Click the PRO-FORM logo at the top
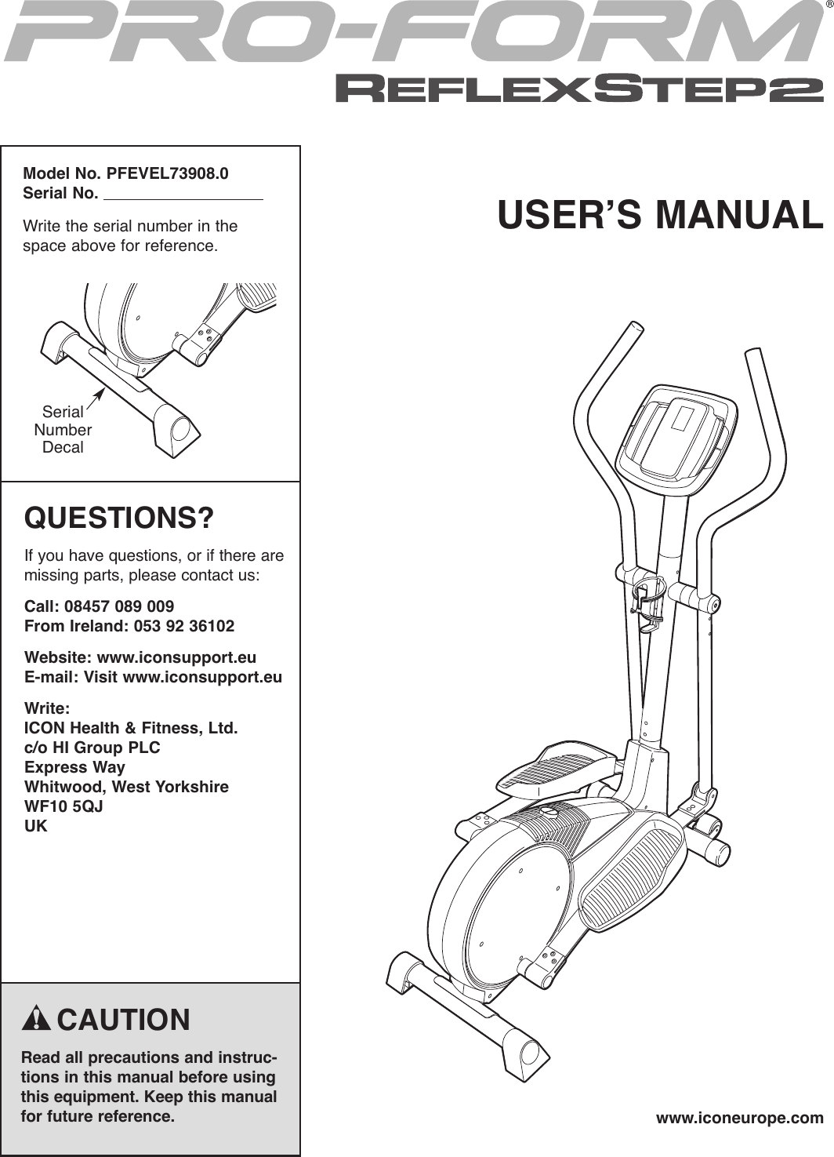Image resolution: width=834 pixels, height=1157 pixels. point(408,33)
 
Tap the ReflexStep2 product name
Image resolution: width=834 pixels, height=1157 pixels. point(579,89)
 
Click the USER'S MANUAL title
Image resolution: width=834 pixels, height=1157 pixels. point(660,215)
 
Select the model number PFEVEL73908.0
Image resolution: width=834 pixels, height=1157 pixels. point(169,173)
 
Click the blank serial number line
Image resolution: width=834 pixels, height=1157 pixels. point(183,195)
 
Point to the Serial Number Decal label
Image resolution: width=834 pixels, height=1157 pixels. point(63,430)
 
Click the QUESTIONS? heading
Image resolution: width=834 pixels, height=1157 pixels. point(119,518)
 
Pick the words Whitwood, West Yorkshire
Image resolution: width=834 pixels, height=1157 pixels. point(127,787)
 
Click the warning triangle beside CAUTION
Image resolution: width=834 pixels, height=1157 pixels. point(37,1019)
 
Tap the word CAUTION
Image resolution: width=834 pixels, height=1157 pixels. point(124,1020)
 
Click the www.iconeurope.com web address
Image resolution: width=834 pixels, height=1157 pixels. point(739,1118)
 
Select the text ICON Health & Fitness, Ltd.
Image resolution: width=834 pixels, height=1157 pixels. point(131,728)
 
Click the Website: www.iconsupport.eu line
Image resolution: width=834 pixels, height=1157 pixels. point(140,657)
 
